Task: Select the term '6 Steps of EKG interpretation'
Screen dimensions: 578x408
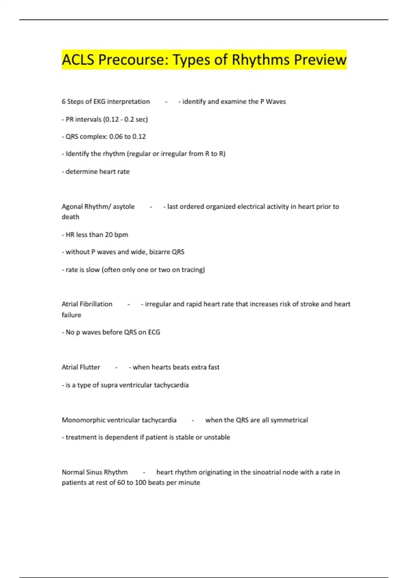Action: (x=106, y=102)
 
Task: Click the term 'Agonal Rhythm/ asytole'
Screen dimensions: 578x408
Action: (x=98, y=207)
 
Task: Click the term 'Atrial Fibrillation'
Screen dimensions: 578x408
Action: (x=87, y=304)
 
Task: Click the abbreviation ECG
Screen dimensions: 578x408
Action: (x=154, y=332)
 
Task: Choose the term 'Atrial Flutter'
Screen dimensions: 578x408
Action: (x=81, y=367)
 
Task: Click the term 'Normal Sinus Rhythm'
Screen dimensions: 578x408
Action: (x=95, y=472)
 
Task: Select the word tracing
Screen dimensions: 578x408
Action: (x=193, y=270)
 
